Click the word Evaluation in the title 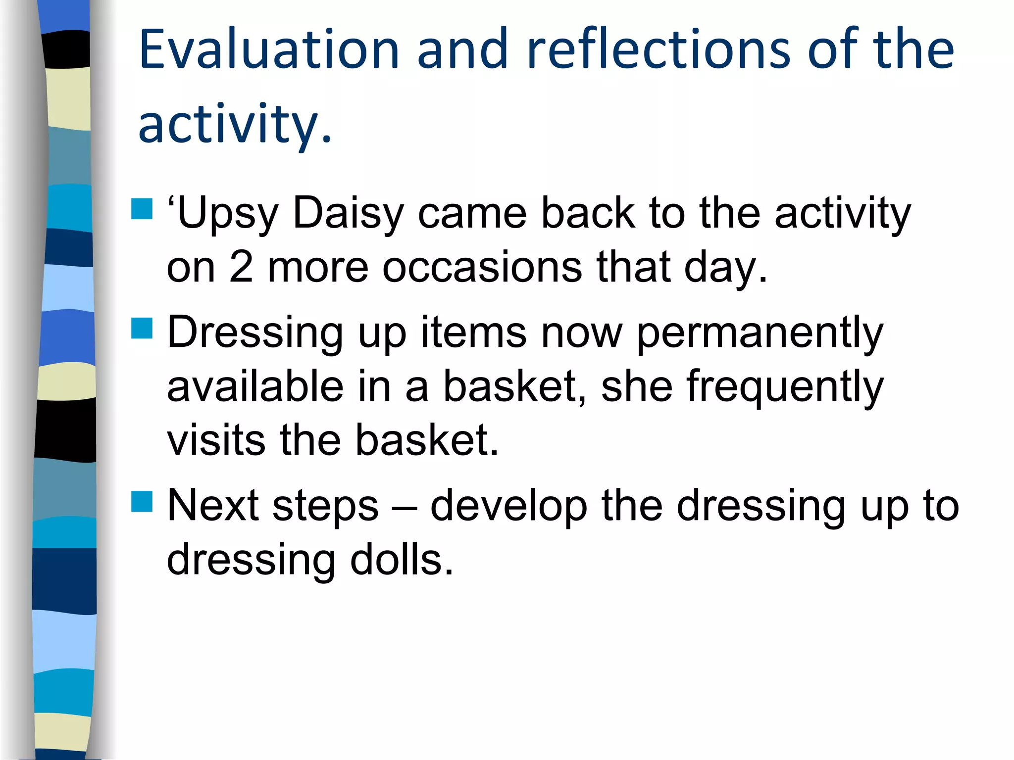coord(269,49)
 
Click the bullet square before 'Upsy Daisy coord(142,209)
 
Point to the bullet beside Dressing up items coord(142,328)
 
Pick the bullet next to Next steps coord(142,501)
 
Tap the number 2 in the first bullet coord(241,268)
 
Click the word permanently coord(759,333)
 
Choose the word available coord(255,387)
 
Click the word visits coord(216,440)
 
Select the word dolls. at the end coord(402,560)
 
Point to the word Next coord(213,506)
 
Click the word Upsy coord(225,214)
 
